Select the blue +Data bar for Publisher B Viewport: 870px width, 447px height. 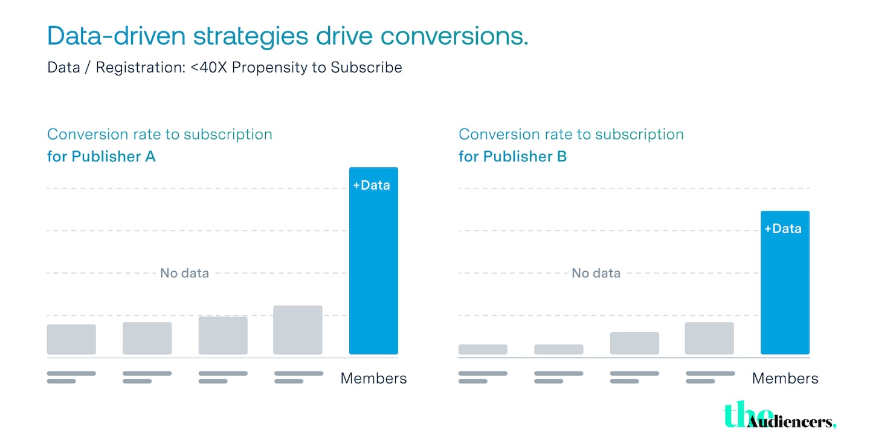click(x=784, y=290)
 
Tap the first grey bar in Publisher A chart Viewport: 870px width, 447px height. click(x=71, y=339)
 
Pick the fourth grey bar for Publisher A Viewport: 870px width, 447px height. click(x=298, y=330)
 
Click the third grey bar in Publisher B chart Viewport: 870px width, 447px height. click(x=634, y=343)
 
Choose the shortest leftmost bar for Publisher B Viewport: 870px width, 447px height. click(x=483, y=349)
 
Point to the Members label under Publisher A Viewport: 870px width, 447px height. click(x=373, y=379)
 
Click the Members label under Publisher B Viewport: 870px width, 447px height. click(x=785, y=379)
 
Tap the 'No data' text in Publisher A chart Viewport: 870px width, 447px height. click(x=184, y=273)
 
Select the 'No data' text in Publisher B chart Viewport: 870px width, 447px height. click(x=596, y=273)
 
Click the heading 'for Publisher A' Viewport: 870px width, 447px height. click(x=101, y=156)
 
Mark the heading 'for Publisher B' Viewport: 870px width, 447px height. click(x=512, y=156)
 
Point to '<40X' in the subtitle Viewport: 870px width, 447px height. click(x=209, y=67)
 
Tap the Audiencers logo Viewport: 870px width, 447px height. click(x=779, y=417)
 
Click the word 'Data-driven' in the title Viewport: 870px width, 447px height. click(x=115, y=36)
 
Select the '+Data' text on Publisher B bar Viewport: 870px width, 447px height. click(x=783, y=229)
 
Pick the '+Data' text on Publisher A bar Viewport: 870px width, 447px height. click(x=372, y=185)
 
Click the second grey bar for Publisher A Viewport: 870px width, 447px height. click(x=147, y=338)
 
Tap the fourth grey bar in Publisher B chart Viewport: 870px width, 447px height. click(x=709, y=338)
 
